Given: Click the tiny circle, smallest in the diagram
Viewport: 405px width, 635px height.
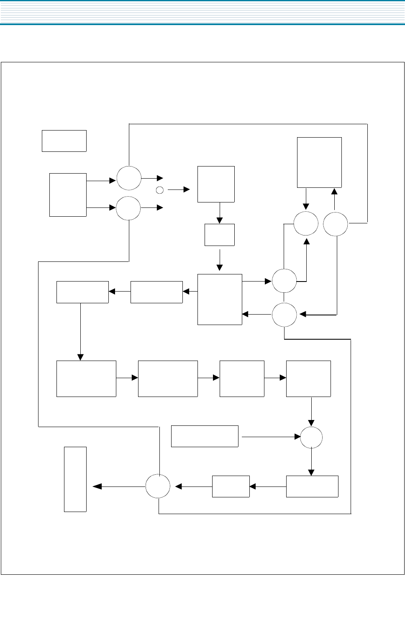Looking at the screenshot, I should point(159,190).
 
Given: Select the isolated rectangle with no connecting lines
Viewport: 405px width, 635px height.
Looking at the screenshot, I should point(64,141).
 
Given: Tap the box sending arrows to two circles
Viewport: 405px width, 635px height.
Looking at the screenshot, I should point(68,195).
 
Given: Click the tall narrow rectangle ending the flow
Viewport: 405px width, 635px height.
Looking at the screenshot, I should point(75,479).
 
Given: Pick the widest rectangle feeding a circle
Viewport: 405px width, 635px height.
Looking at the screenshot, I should point(205,436).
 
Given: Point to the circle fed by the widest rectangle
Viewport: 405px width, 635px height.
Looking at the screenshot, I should point(311,438).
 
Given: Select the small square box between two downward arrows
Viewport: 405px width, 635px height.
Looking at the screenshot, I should point(219,235).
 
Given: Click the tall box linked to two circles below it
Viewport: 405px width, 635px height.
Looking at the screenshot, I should point(319,162).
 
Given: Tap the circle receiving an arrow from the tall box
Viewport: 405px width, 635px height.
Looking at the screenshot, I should point(306,223).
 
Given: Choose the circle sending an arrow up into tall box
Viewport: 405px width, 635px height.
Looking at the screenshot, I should point(336,224).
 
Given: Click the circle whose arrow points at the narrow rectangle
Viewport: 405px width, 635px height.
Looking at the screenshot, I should point(158,486).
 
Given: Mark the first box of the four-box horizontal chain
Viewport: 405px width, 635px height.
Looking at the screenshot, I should point(86,379).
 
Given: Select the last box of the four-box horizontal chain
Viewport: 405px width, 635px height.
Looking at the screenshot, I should point(308,379).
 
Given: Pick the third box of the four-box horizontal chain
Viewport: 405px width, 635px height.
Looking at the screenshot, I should point(242,379).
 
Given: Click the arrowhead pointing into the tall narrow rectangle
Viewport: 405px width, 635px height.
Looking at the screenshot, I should point(97,486).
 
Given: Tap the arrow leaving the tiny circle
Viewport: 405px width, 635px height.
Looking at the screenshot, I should point(179,189).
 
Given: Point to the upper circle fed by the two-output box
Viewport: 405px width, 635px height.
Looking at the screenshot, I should point(129,178).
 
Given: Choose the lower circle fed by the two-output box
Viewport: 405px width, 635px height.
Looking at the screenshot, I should point(128,208).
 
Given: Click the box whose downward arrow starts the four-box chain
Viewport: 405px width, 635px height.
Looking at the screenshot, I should point(82,292).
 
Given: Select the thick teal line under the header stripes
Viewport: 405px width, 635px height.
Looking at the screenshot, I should point(202,24).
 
